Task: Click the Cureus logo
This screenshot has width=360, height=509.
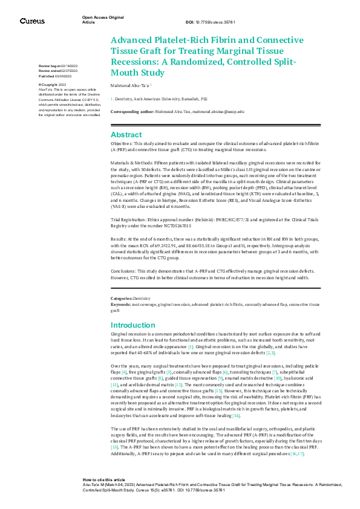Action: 31,21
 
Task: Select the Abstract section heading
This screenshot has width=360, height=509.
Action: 126,135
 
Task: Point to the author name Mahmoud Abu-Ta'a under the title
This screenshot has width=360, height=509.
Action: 131,86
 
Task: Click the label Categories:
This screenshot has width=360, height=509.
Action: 121,299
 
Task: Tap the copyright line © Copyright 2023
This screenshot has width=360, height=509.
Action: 51,84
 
